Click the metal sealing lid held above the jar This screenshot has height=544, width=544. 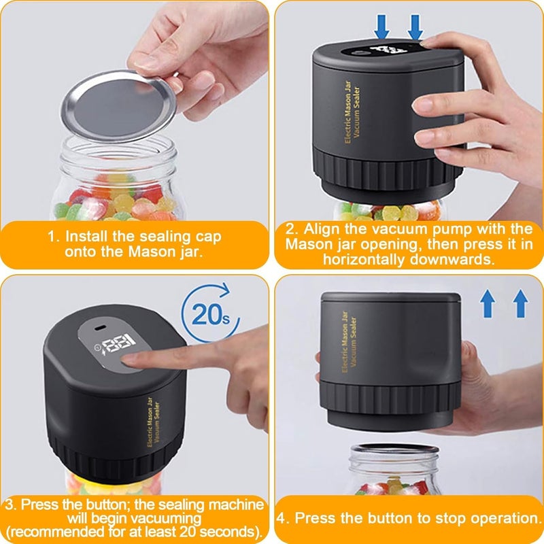pos(118,106)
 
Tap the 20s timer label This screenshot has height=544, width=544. pos(210,315)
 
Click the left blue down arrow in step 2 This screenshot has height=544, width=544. pos(382,27)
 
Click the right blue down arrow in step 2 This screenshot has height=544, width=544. pos(415,27)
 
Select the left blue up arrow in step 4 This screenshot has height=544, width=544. pos(488,303)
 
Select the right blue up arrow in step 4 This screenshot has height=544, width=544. pos(520,303)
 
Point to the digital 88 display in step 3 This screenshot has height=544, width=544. pos(120,343)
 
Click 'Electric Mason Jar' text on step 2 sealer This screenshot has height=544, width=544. pos(348,112)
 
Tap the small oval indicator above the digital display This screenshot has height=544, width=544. pos(99,328)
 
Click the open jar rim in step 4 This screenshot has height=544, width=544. pos(394,449)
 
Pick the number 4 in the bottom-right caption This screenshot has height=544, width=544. pos(282,519)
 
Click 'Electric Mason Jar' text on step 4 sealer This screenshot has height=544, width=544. pos(345,342)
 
